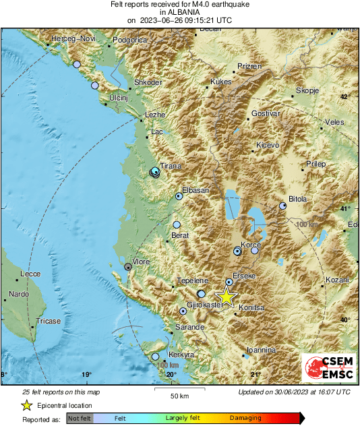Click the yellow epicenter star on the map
pyautogui.click(x=227, y=296)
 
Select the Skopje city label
pyautogui.click(x=307, y=90)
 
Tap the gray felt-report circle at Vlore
pyautogui.click(x=127, y=268)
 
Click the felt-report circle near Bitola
pyautogui.click(x=283, y=206)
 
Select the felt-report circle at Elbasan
pyautogui.click(x=179, y=196)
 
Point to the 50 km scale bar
pyautogui.click(x=179, y=389)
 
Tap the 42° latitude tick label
pyautogui.click(x=345, y=97)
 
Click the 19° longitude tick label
pyautogui.click(x=86, y=375)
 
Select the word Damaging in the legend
pyautogui.click(x=245, y=419)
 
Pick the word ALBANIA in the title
pyautogui.click(x=179, y=12)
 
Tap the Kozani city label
pyautogui.click(x=337, y=280)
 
